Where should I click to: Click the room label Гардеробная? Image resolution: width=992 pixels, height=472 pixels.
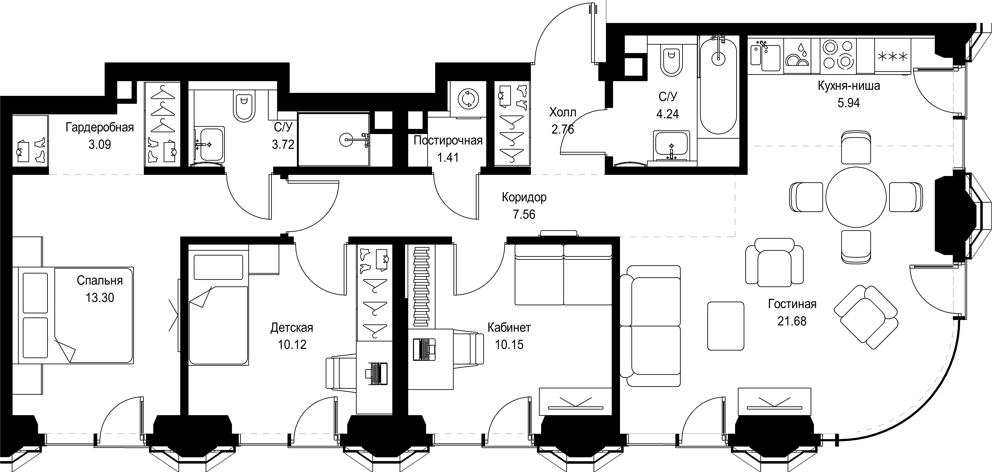point(100,127)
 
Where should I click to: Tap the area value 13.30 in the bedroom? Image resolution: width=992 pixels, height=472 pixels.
point(100,298)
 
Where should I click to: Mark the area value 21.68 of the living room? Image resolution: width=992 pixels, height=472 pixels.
point(792,321)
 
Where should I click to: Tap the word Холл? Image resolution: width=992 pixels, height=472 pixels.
point(563,112)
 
